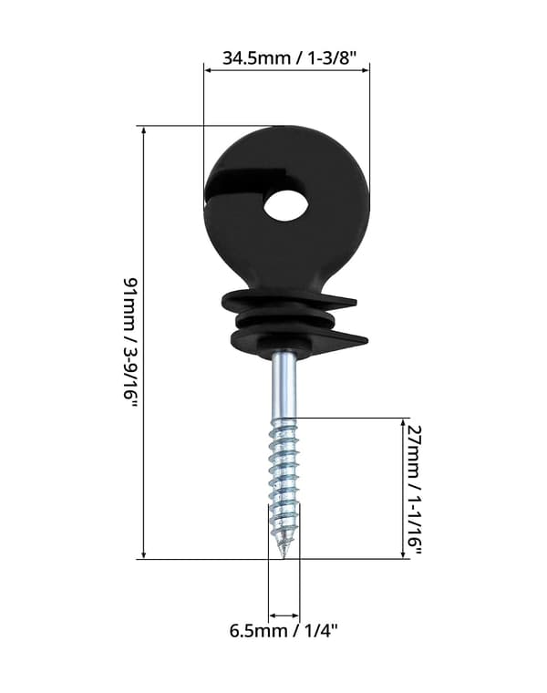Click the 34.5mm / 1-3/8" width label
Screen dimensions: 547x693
tap(289, 57)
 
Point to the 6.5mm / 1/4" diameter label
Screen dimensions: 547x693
tap(284, 630)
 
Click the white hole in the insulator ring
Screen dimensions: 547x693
tap(286, 204)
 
